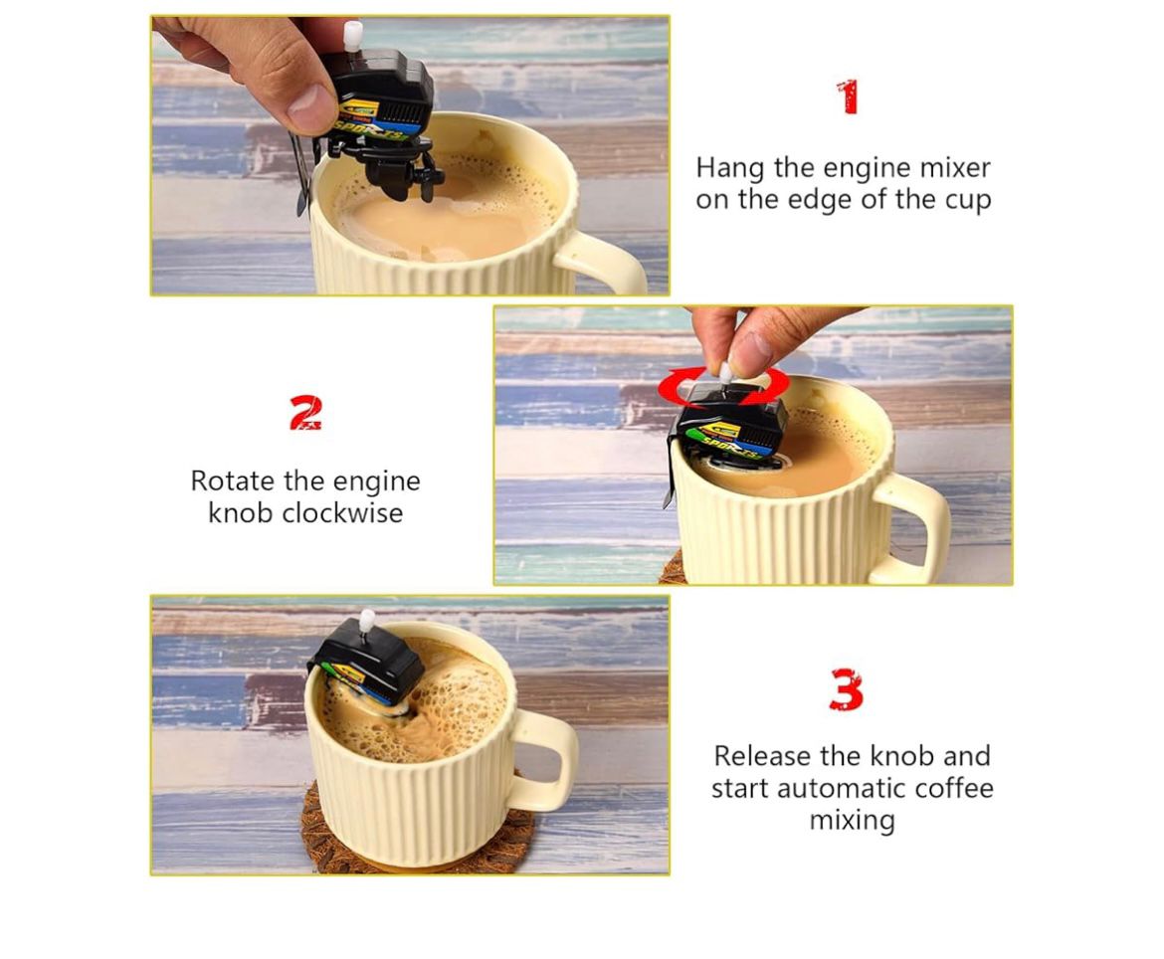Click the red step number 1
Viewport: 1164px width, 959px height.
coord(847,97)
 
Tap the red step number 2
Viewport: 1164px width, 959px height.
coord(305,413)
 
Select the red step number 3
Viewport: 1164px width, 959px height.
coord(846,689)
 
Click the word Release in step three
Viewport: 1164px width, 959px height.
coord(762,756)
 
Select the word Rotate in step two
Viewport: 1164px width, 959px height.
coord(233,481)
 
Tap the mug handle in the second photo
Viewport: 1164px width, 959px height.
coord(921,528)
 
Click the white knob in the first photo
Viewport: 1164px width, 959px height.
coord(351,36)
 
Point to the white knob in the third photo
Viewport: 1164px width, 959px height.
coord(367,621)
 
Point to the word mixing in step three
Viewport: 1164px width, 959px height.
coord(852,821)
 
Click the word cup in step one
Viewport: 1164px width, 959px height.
coord(967,199)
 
